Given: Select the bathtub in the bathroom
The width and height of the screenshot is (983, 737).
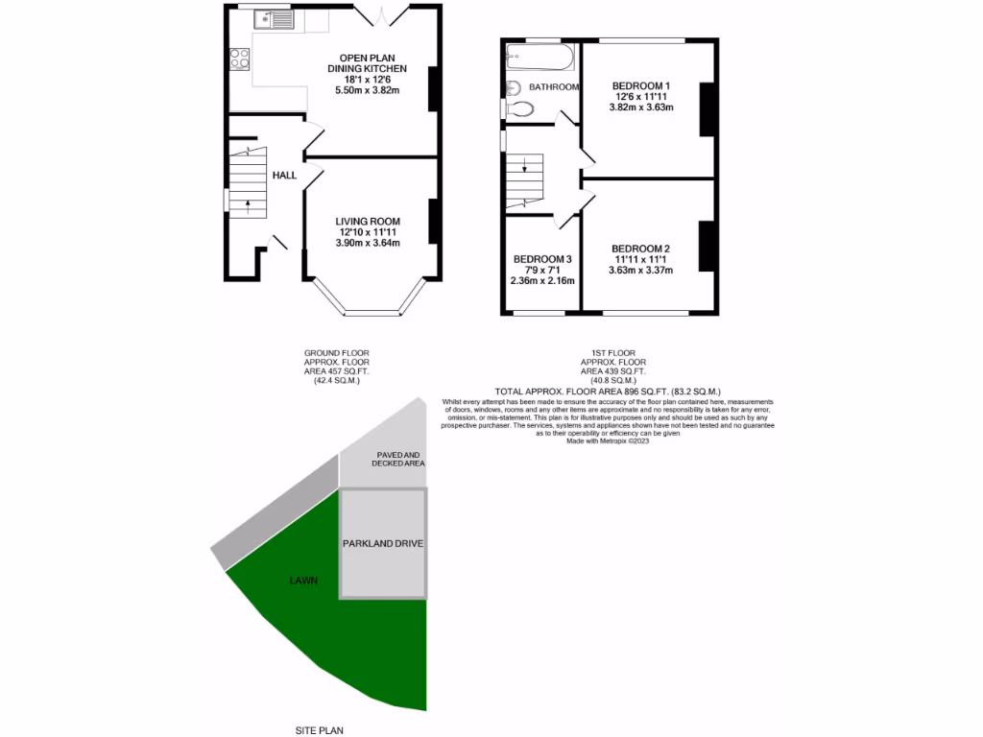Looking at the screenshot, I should tap(539, 59).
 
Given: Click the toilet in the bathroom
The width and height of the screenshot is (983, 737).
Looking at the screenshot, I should tap(519, 108).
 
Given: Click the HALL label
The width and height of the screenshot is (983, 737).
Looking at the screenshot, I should tap(284, 176).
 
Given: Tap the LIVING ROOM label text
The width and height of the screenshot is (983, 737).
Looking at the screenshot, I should tap(368, 219).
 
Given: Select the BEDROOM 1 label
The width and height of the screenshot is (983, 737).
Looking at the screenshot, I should tap(641, 86).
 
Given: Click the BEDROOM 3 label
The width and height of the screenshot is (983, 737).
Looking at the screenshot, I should tap(542, 259).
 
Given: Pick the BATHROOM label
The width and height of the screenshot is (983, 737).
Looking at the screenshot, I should tap(555, 87).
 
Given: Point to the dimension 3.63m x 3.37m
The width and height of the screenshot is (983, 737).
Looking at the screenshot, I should tap(641, 270).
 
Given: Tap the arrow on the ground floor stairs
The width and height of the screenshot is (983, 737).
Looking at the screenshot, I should tap(248, 204).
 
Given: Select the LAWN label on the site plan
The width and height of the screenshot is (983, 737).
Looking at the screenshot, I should tap(303, 581).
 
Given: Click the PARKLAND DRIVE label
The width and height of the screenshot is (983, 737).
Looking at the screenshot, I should tap(383, 543).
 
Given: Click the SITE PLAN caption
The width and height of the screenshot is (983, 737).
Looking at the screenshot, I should tap(321, 729).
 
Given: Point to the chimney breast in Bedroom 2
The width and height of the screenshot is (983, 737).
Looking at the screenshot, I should tap(707, 246).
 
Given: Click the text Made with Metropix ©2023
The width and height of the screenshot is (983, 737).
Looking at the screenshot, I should tap(601, 440).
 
